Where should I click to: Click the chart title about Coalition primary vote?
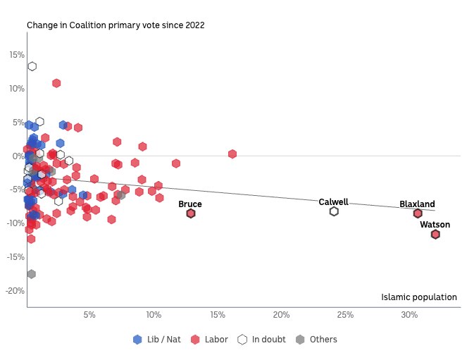116,25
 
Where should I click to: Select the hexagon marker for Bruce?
191,213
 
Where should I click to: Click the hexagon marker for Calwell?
334,211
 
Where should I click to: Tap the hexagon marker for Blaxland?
418,213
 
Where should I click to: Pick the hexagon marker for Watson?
435,235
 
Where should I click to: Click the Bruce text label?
190,204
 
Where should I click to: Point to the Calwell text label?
333,202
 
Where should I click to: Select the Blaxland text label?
417,204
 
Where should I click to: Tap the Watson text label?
435,225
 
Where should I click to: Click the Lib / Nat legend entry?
157,340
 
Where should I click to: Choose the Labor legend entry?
210,340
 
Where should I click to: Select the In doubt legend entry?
262,340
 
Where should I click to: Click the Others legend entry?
316,340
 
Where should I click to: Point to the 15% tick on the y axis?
16,55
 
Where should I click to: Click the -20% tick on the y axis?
15,291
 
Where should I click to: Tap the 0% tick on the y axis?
18,156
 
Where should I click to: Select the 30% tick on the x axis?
409,315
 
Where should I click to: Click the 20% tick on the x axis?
282,315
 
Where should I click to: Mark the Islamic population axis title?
419,297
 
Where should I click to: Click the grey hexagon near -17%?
31,274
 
